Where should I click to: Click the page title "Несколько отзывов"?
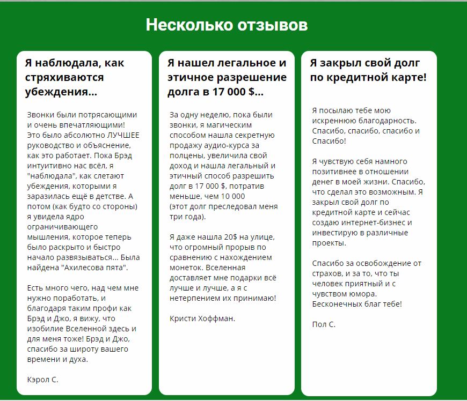(227, 25)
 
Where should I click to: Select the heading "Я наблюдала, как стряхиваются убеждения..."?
(74, 77)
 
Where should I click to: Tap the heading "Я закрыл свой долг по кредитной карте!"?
(368, 70)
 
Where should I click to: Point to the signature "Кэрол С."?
(42, 380)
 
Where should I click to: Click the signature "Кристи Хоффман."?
(202, 318)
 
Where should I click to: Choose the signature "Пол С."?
(324, 324)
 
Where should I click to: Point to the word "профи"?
(108, 308)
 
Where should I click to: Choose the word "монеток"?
(185, 268)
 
